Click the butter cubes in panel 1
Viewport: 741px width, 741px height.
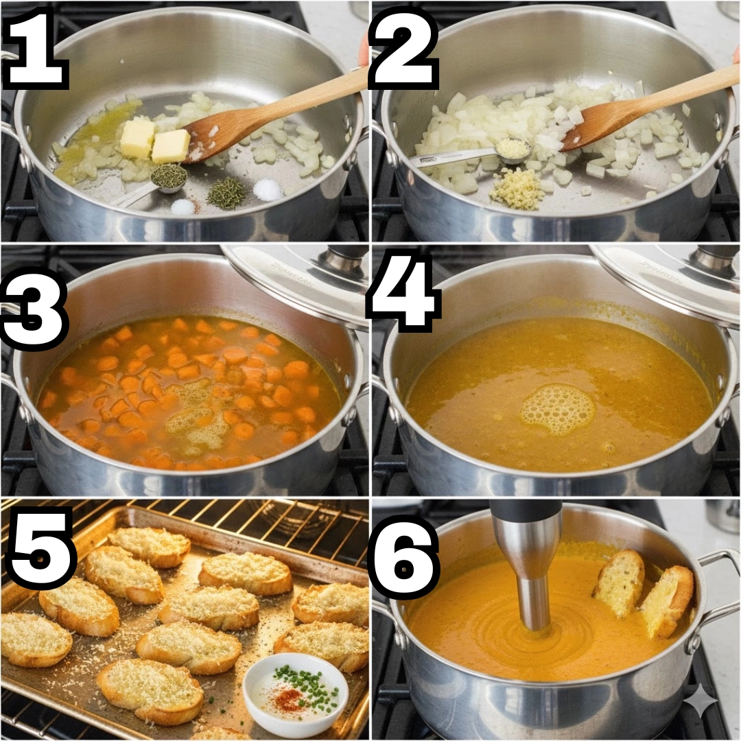155,141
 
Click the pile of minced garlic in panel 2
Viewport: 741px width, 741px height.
516,189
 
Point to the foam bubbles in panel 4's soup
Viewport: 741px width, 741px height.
558,409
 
